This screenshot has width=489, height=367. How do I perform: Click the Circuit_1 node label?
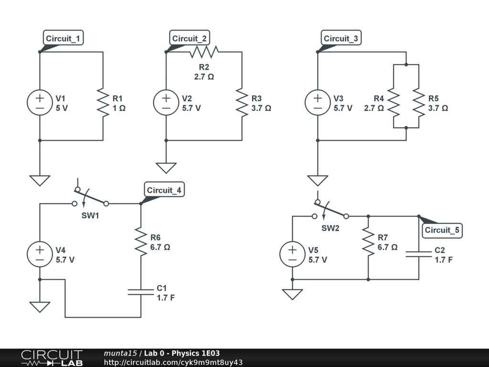[x=64, y=39]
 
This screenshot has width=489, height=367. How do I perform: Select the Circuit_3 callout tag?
[x=342, y=39]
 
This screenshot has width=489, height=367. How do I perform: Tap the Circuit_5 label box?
[x=443, y=230]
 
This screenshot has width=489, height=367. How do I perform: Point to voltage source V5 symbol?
[x=292, y=255]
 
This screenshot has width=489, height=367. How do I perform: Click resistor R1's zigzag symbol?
[x=103, y=102]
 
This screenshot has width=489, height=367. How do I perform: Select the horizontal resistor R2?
[x=204, y=51]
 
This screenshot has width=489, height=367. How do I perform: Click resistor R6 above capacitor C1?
[x=141, y=241]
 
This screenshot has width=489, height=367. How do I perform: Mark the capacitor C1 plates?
[x=141, y=292]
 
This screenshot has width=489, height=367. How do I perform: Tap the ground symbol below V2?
[x=166, y=168]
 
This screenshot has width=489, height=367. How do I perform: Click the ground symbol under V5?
[x=292, y=293]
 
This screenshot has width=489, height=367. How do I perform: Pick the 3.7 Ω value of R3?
[x=261, y=108]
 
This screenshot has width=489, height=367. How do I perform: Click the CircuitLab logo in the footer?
[x=52, y=358]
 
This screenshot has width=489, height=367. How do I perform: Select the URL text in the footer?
[x=173, y=362]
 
